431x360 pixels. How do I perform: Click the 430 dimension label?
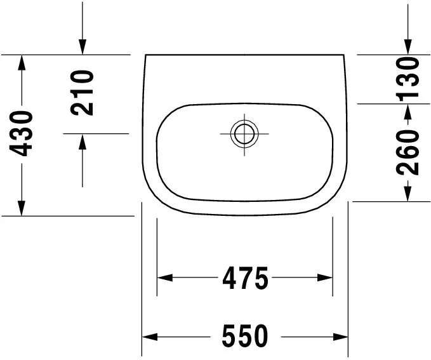[21, 133]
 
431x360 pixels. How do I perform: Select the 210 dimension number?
[82, 93]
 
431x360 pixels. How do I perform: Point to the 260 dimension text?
[408, 153]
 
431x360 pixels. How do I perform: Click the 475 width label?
[245, 277]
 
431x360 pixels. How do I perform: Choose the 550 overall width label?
[245, 336]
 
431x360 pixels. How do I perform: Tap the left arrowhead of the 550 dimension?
[150, 337]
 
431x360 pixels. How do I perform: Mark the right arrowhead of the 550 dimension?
[341, 337]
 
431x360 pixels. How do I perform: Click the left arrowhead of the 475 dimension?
[165, 277]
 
